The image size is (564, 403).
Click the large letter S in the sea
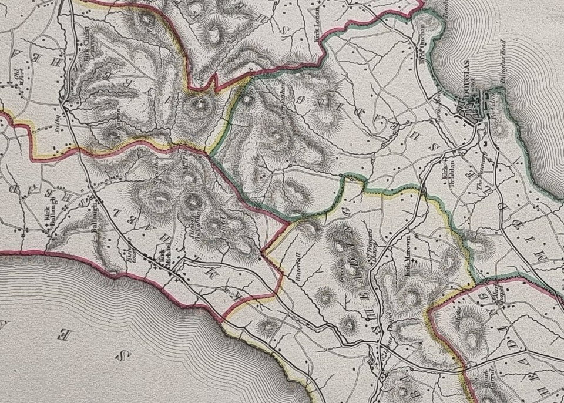pos(123,355)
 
